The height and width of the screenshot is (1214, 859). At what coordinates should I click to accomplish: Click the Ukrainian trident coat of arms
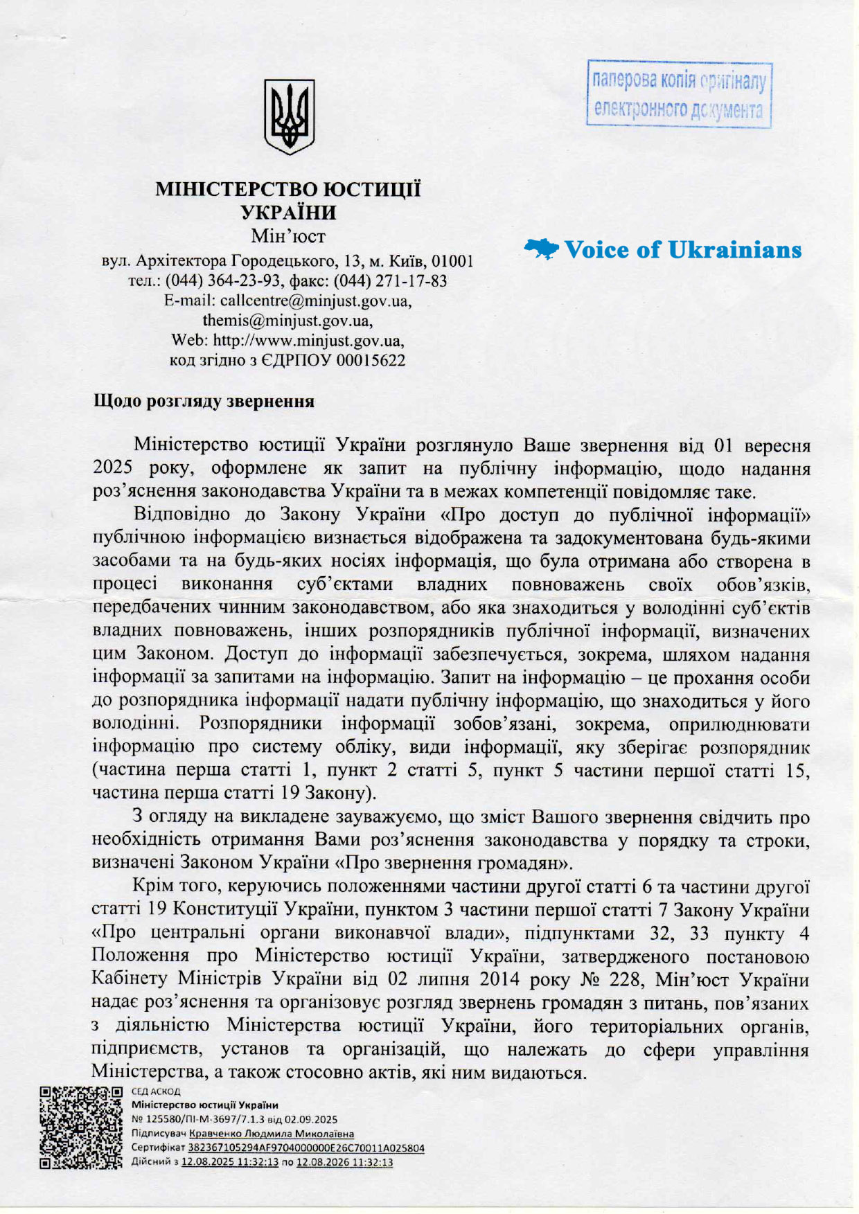289,116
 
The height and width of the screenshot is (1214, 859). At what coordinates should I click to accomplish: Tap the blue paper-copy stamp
678,94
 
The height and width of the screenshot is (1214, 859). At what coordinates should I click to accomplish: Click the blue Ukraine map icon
541,249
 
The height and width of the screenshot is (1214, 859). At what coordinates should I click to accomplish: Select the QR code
81,1127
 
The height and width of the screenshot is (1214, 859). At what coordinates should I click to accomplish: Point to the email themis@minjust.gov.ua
287,321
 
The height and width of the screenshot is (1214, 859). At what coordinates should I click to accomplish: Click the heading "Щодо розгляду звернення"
204,402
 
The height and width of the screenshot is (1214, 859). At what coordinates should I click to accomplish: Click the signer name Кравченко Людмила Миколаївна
272,1134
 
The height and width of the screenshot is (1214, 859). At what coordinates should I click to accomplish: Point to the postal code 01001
452,261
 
